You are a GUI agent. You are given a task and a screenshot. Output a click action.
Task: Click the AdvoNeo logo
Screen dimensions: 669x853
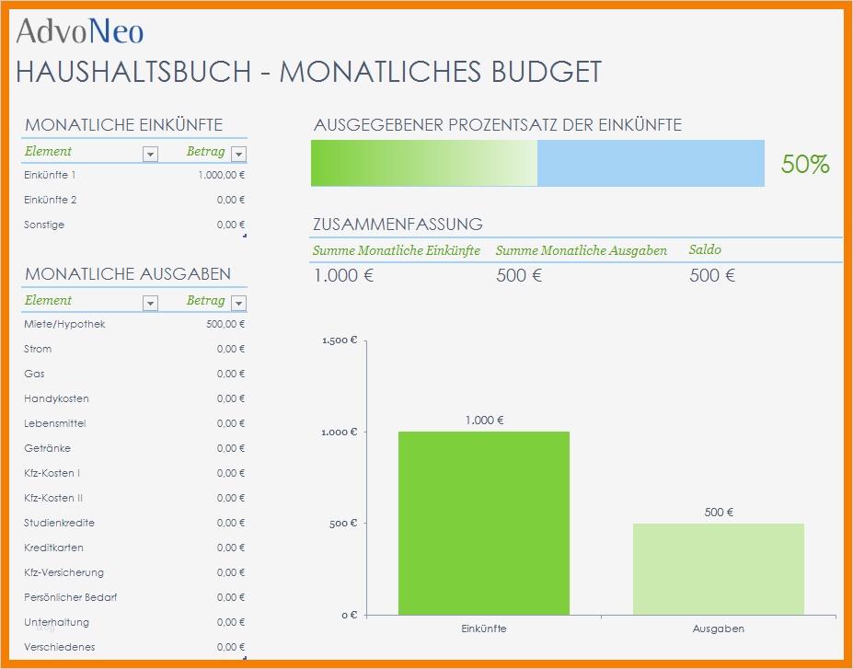coord(80,32)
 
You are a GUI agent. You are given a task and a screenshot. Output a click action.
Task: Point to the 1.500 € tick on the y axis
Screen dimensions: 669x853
coord(340,340)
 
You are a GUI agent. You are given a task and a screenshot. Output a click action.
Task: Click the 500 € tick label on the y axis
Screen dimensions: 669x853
coord(342,524)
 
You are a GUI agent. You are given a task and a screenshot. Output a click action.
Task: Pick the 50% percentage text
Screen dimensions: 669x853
coord(805,165)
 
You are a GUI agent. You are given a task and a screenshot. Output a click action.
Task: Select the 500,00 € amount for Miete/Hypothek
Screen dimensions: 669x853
coord(225,324)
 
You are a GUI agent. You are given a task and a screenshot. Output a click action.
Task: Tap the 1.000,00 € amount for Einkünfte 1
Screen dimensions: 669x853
coord(221,175)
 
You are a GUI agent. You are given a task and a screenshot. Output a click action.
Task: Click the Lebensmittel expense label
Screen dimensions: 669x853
coord(55,423)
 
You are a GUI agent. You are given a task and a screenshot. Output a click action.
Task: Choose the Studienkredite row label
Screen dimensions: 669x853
coord(59,523)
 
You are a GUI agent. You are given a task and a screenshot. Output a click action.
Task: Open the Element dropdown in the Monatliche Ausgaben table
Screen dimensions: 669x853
coord(151,303)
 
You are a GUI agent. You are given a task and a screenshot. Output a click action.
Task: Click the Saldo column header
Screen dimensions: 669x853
coord(705,250)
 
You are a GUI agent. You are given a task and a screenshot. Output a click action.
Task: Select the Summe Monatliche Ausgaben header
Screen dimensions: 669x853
coord(581,250)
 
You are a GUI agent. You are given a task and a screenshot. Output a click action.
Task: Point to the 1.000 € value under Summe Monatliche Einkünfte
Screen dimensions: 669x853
coord(343,275)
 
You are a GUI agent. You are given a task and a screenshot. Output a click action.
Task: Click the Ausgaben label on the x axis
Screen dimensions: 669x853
coord(718,629)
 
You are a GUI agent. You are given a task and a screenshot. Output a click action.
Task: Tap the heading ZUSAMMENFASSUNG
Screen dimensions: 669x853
coord(398,224)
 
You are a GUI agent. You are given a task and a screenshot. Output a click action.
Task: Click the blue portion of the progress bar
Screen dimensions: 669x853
coord(650,163)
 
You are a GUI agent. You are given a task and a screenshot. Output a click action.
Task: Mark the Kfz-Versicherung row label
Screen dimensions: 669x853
coord(63,572)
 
